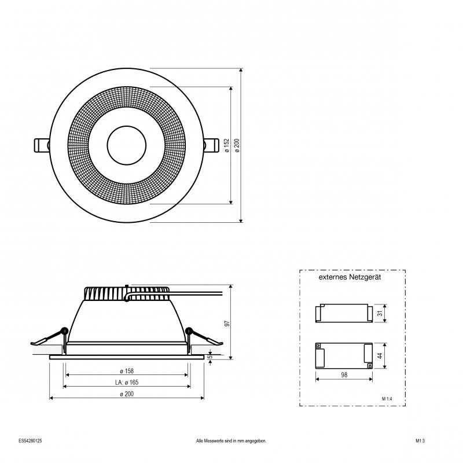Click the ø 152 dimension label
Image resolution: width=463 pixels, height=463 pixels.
click(x=227, y=145)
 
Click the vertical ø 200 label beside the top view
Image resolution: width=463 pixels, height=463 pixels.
click(x=237, y=145)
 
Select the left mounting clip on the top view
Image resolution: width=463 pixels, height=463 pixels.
click(x=42, y=145)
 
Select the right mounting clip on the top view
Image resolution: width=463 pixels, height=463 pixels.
click(x=211, y=145)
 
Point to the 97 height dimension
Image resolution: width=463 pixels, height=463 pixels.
click(x=227, y=324)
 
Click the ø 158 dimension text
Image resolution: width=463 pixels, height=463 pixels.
click(x=127, y=371)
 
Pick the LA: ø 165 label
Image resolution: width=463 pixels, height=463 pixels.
click(x=127, y=383)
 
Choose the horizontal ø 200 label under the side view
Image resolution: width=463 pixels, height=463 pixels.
click(x=127, y=394)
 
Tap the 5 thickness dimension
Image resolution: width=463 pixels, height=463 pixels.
click(x=210, y=357)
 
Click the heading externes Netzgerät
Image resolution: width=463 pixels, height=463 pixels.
click(x=350, y=277)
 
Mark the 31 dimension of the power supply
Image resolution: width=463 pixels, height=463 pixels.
click(x=380, y=313)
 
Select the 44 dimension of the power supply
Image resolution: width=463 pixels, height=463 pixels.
click(x=380, y=355)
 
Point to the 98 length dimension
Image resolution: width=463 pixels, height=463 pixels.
click(x=344, y=374)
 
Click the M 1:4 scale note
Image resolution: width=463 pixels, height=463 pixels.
click(x=387, y=399)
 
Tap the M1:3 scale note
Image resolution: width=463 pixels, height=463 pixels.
click(x=420, y=441)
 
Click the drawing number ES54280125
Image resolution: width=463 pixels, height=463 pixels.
click(x=30, y=441)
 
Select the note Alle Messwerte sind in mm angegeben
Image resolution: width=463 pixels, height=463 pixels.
click(x=231, y=441)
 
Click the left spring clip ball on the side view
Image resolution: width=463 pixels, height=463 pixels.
click(x=64, y=330)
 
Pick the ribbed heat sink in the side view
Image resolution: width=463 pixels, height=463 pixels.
click(x=127, y=293)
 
